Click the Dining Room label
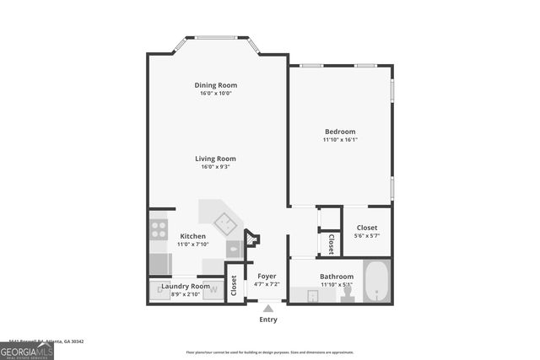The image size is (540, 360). click(x=215, y=85)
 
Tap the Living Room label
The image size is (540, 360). click(x=215, y=159)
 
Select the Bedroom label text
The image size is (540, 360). click(x=340, y=132)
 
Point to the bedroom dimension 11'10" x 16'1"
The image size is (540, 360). click(x=340, y=140)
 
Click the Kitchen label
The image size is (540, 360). click(x=192, y=236)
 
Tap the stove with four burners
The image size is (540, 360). click(x=159, y=230)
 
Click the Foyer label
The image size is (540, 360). click(x=267, y=277)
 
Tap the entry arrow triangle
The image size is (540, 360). click(x=268, y=309)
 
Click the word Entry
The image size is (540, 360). click(x=268, y=320)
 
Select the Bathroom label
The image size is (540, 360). click(x=336, y=277)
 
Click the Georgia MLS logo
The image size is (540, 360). click(x=27, y=349)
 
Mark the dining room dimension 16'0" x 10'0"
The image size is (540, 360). click(x=215, y=94)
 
